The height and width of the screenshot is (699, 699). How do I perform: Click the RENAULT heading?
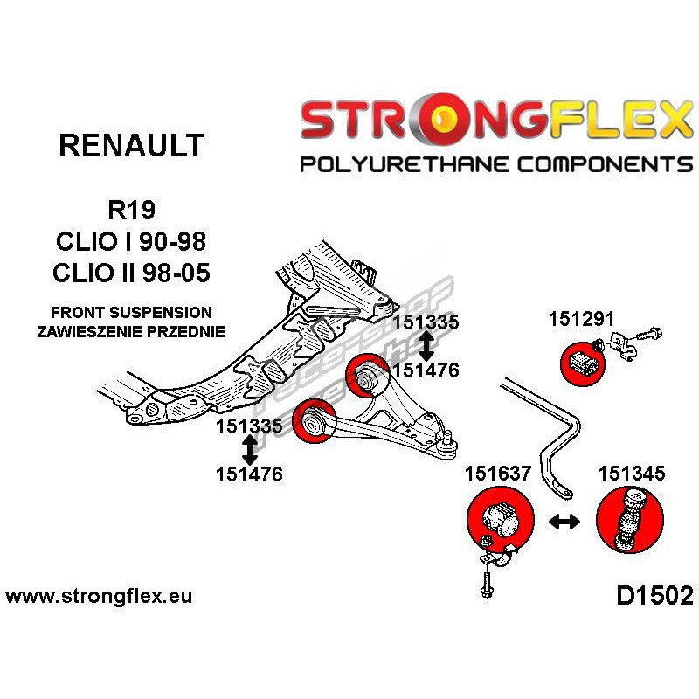(131, 145)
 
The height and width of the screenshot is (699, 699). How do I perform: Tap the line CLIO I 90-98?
(131, 242)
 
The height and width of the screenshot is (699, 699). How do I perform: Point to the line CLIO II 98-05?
(131, 273)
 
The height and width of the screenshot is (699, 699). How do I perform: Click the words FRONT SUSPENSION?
(131, 312)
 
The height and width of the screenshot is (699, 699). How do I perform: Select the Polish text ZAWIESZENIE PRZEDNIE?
(131, 331)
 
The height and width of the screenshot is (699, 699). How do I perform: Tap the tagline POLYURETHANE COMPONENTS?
(496, 164)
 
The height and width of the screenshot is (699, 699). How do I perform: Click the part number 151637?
(498, 474)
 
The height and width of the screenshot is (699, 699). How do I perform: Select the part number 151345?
(632, 474)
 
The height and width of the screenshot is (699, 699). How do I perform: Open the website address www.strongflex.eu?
(99, 598)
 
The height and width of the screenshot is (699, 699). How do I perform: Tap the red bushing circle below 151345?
(626, 522)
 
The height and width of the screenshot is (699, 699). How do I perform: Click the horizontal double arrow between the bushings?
(564, 522)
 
